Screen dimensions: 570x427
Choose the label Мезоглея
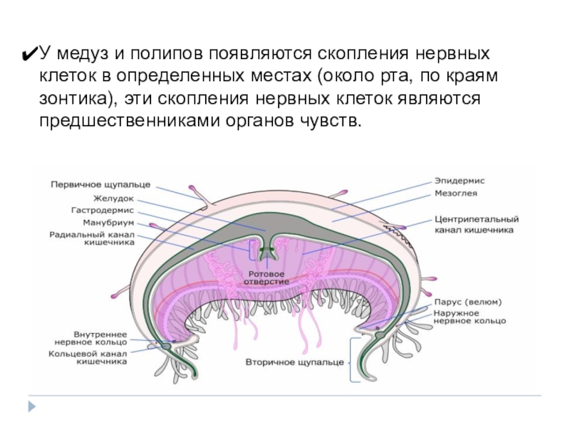point(456,193)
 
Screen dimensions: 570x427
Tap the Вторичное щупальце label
point(295,362)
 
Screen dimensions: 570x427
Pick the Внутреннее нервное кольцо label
point(100,337)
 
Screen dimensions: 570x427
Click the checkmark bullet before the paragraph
point(31,54)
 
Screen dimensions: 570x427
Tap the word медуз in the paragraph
point(83,54)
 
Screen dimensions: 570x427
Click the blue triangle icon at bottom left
point(32,406)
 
